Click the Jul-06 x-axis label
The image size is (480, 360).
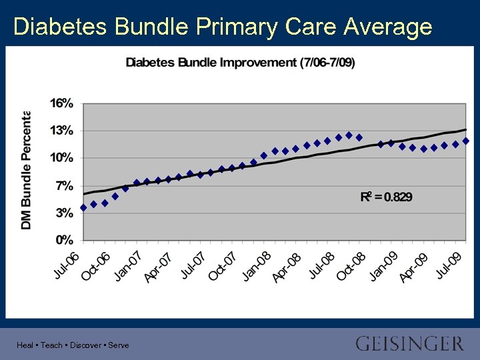coord(67,265)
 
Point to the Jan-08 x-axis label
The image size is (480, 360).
coord(256,266)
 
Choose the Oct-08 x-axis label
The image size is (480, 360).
coord(351,266)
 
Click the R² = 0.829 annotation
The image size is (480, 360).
coord(386,197)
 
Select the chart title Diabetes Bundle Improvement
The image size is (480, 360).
coord(240,63)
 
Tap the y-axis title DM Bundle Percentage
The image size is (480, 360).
coord(27,170)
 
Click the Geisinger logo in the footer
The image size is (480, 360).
coord(409,344)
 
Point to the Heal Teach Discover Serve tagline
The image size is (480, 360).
coord(73,345)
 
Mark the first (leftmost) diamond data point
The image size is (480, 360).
coord(83,207)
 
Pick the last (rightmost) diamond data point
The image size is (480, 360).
coord(466,141)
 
